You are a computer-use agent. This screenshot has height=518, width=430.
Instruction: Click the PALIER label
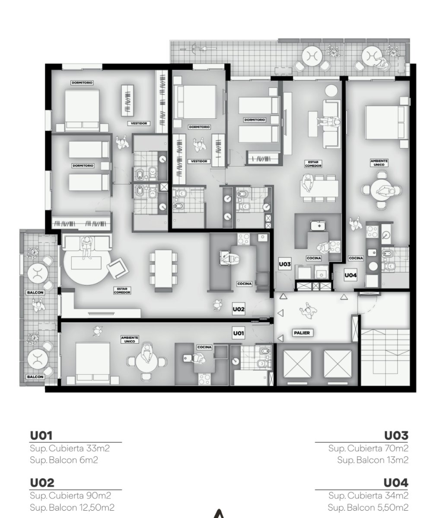coord(302,333)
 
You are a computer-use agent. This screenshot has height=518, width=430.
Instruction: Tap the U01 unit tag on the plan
coord(239,333)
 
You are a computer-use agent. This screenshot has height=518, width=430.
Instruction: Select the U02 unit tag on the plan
coord(239,309)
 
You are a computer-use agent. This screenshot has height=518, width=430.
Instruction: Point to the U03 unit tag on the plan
coord(285,264)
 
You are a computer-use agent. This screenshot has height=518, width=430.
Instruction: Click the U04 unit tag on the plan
coord(350,275)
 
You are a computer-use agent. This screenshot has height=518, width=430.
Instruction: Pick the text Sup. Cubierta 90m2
coord(70,495)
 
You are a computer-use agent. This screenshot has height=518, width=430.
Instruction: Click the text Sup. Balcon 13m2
coord(373,460)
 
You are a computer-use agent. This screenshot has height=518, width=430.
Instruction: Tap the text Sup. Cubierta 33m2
coord(70,449)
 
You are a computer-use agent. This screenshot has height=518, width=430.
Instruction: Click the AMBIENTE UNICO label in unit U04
coord(379,163)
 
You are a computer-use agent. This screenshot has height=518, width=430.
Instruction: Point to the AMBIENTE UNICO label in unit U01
coord(130,340)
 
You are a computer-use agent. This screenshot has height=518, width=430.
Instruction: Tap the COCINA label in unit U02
coord(245,284)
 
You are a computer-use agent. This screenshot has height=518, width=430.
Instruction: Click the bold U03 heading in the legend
coord(396,436)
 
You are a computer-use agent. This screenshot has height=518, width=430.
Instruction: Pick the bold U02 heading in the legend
coord(42,483)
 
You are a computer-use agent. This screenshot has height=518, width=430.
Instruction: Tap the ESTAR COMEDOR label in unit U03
coord(313,164)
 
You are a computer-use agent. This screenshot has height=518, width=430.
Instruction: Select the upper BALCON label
coord(35,293)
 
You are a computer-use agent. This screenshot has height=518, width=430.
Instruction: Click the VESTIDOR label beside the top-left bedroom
coord(139,123)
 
